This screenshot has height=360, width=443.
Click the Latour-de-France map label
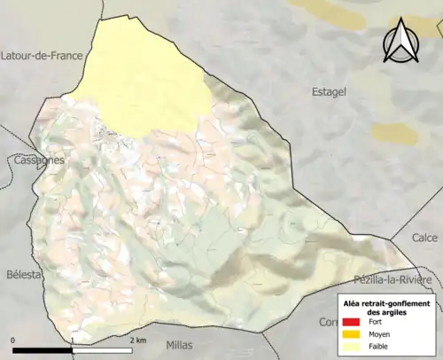[42, 55]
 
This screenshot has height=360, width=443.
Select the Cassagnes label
[38, 160]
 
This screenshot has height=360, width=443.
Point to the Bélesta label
[23, 275]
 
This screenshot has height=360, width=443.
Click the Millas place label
[183, 343]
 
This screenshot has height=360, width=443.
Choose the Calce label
[424, 238]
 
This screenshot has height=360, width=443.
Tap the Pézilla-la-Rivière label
[392, 279]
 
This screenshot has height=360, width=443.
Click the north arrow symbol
[400, 43]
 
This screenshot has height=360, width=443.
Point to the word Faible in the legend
[379, 348]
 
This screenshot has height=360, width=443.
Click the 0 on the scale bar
[13, 340]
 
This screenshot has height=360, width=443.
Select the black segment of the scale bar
[43, 350]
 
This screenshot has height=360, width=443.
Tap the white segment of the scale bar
[103, 350]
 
